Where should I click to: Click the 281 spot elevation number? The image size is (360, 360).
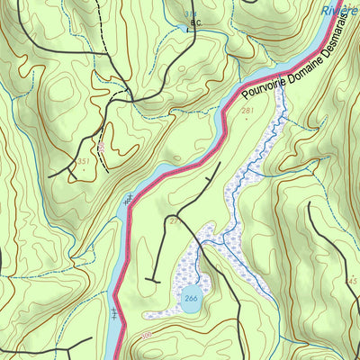click(x=247, y=112)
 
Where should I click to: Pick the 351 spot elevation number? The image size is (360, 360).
click(x=83, y=161)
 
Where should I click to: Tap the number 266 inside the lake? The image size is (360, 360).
click(x=191, y=299)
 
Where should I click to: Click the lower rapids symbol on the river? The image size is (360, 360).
click(x=114, y=314)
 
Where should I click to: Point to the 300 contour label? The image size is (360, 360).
click(x=148, y=337)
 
